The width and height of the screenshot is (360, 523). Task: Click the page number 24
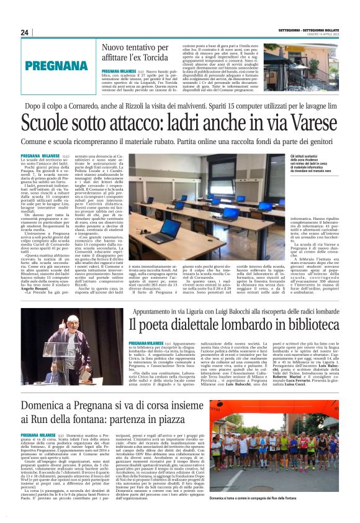pos(25,32)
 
